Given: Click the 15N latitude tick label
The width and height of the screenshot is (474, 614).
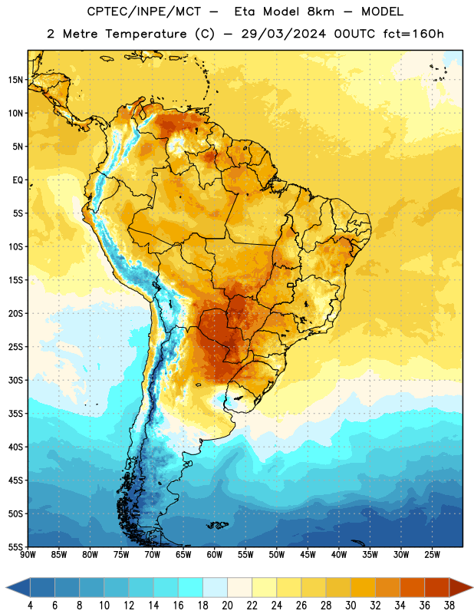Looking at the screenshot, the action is tap(15, 80).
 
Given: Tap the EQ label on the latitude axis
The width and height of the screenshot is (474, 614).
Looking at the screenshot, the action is tap(18, 180).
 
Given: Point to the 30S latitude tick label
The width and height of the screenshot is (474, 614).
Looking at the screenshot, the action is tap(15, 380).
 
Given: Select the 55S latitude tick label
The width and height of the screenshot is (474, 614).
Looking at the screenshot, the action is tap(15, 546).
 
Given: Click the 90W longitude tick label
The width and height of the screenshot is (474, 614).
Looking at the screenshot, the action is tap(28, 555).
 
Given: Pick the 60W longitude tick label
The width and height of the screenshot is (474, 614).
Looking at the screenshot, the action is tap(215, 555).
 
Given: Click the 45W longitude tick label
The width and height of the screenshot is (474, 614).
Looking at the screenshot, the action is tap(308, 555).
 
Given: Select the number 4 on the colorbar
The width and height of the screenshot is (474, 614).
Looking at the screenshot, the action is tap(30, 606).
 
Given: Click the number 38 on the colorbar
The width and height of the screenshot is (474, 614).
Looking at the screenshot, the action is tap(449, 606).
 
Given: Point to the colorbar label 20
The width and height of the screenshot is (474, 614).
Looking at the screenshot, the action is tap(227, 606).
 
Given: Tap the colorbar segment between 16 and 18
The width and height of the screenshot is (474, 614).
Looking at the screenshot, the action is tap(190, 589).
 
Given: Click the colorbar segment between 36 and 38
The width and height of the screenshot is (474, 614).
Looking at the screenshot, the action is tap(437, 589).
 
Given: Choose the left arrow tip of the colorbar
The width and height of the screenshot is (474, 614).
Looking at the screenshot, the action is tap(6, 589).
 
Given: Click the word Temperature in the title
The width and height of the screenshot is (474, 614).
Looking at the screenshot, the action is tap(146, 34).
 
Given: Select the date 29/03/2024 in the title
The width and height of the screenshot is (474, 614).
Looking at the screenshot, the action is tap(283, 34).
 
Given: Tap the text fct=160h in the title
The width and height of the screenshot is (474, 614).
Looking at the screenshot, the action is tap(413, 34).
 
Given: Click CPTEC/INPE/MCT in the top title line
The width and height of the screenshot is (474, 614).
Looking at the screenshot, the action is tap(143, 12).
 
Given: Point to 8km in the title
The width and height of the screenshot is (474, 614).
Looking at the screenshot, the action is tap(321, 12).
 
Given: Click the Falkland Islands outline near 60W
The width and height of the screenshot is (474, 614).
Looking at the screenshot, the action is tap(218, 525).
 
